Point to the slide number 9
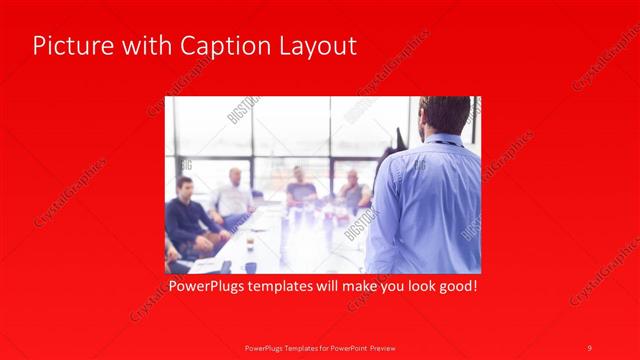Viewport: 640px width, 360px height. (590, 347)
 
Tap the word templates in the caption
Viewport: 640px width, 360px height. (291, 286)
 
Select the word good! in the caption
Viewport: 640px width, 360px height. (455, 286)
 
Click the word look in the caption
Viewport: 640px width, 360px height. (412, 286)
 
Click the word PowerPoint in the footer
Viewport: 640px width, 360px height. (349, 347)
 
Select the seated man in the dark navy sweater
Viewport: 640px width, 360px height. (186, 215)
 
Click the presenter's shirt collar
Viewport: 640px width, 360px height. (441, 138)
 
